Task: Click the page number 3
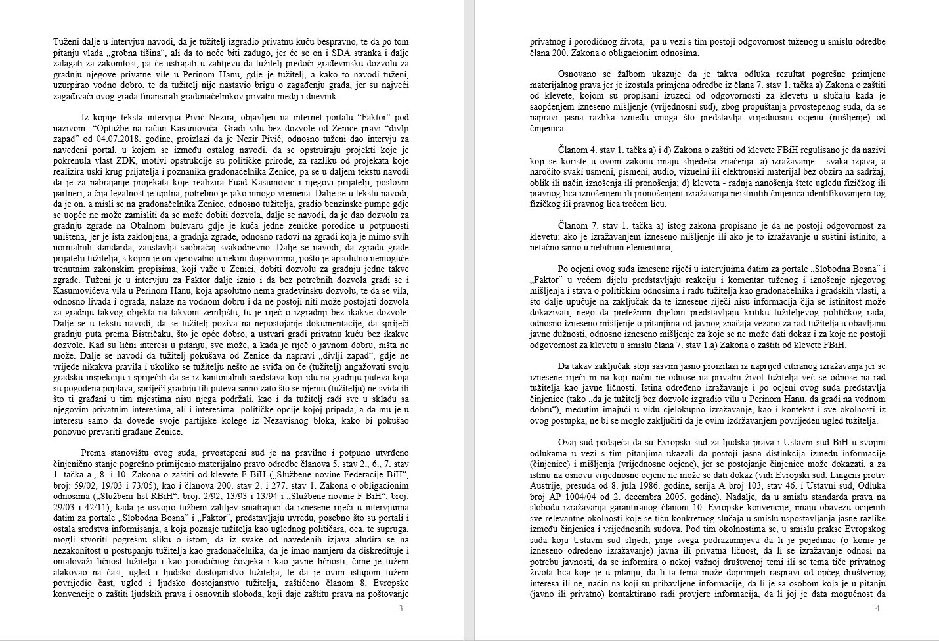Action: coord(401,608)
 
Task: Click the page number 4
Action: coord(877,608)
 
